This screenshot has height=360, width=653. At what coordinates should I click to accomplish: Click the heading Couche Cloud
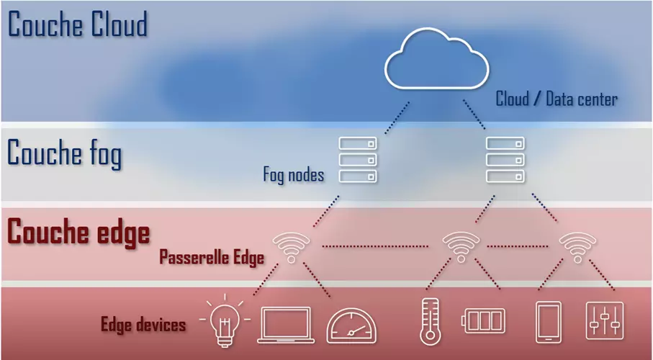[x=77, y=24]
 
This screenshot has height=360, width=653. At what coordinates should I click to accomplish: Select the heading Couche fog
[x=64, y=154]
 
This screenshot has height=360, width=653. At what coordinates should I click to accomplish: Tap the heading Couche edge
[x=78, y=233]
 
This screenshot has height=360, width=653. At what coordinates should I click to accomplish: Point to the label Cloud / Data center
[x=556, y=99]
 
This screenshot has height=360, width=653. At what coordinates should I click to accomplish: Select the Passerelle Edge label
[x=212, y=256]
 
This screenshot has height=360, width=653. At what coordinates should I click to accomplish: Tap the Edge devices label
[x=143, y=324]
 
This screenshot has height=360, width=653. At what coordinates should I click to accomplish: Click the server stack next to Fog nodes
[x=358, y=160]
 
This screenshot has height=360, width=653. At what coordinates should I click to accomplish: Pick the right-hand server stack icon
[x=505, y=160]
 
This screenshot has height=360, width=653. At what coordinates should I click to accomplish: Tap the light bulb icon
[x=224, y=321]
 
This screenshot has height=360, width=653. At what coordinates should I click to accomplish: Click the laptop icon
[x=284, y=324]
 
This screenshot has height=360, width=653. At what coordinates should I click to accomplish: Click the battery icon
[x=485, y=321]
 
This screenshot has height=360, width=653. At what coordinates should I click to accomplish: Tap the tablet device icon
[x=549, y=321]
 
